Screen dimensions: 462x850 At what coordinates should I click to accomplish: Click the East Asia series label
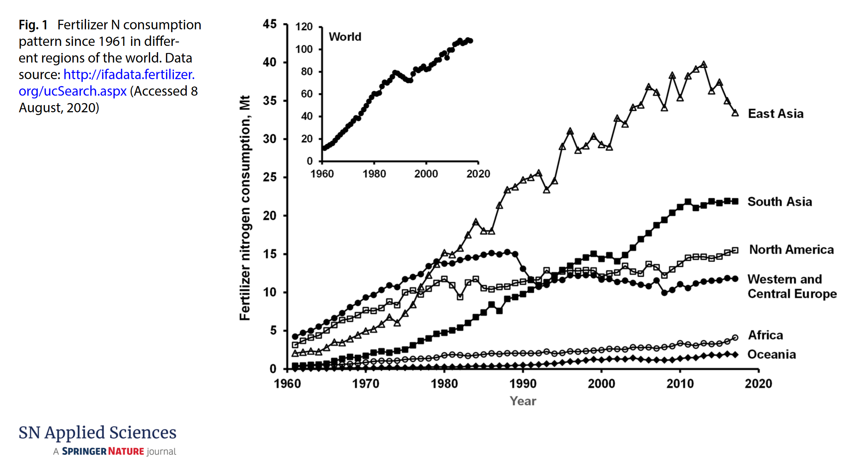[775, 114]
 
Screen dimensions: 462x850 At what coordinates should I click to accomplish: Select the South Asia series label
[779, 202]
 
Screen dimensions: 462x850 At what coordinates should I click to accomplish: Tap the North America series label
[791, 250]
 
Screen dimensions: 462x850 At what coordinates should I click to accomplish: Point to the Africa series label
[765, 335]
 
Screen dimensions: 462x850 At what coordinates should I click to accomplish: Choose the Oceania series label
[771, 354]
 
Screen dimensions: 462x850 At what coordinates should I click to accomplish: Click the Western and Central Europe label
[791, 286]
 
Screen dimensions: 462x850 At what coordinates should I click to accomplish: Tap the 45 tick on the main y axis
[270, 24]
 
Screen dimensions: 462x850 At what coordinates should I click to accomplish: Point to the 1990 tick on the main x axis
[523, 384]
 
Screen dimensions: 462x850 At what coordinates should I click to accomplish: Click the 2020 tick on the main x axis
[758, 384]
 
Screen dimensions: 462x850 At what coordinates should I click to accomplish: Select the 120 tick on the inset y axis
[304, 27]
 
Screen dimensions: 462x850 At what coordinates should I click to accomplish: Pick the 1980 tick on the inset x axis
[374, 174]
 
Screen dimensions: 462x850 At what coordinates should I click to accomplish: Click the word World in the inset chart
[345, 37]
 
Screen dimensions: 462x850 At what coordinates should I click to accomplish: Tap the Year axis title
[523, 401]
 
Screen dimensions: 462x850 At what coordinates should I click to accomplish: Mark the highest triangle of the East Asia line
[703, 65]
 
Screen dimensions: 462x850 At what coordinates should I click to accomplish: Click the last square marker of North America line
[735, 251]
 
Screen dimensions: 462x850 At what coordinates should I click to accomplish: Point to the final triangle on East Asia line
[735, 113]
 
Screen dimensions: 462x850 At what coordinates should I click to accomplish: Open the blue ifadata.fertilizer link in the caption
[129, 74]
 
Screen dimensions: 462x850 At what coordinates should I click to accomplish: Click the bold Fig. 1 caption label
[33, 25]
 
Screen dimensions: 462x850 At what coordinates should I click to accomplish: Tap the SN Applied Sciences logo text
[98, 433]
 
